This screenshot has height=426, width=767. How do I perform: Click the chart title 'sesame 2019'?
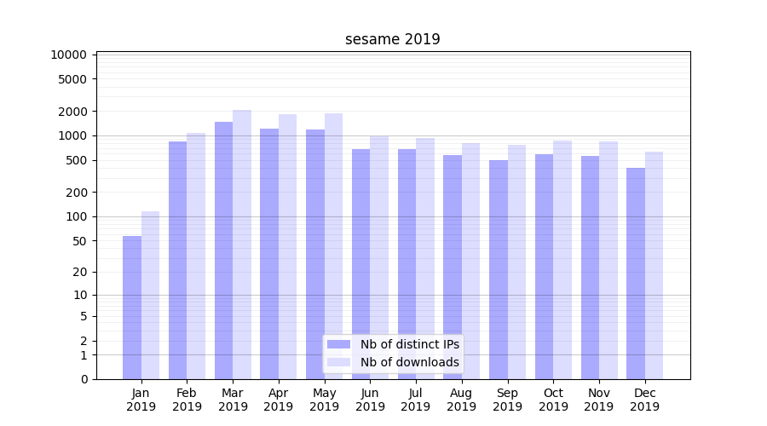(x=392, y=39)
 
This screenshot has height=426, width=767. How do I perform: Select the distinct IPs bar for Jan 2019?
(x=132, y=307)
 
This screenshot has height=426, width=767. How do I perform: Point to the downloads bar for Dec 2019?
(x=654, y=265)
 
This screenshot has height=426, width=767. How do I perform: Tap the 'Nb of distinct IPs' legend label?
(x=410, y=344)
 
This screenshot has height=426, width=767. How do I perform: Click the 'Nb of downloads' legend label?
(x=410, y=362)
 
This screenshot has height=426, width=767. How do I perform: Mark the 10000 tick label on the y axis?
(x=69, y=55)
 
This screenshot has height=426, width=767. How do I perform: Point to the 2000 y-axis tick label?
(x=72, y=112)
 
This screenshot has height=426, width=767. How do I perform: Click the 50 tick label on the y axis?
(x=78, y=241)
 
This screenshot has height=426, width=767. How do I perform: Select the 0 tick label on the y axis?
(x=84, y=379)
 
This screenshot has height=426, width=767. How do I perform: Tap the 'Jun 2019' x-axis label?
(x=370, y=400)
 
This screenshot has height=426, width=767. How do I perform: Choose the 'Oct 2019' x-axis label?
(x=553, y=400)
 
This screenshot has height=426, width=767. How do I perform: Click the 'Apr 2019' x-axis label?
(x=279, y=400)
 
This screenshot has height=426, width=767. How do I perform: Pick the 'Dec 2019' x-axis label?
(x=644, y=400)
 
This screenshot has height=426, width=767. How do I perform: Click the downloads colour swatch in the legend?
(x=339, y=362)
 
